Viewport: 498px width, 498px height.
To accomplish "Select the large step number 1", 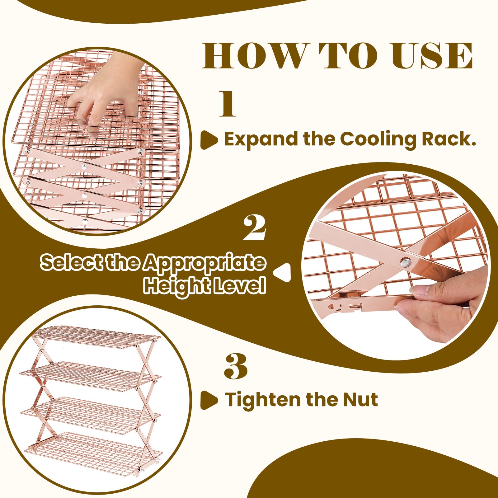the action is click(228, 104).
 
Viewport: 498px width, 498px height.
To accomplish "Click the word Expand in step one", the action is click(261, 139).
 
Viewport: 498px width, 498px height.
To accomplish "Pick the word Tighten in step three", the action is click(263, 400).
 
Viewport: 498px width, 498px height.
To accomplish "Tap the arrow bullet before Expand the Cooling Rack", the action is click(209, 140).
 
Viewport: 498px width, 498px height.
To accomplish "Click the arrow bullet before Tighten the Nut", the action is click(209, 400).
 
